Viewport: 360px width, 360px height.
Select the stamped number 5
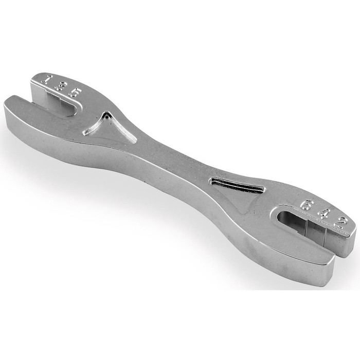[x=75, y=93]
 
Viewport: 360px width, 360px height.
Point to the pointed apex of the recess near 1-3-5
[x=106, y=114]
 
